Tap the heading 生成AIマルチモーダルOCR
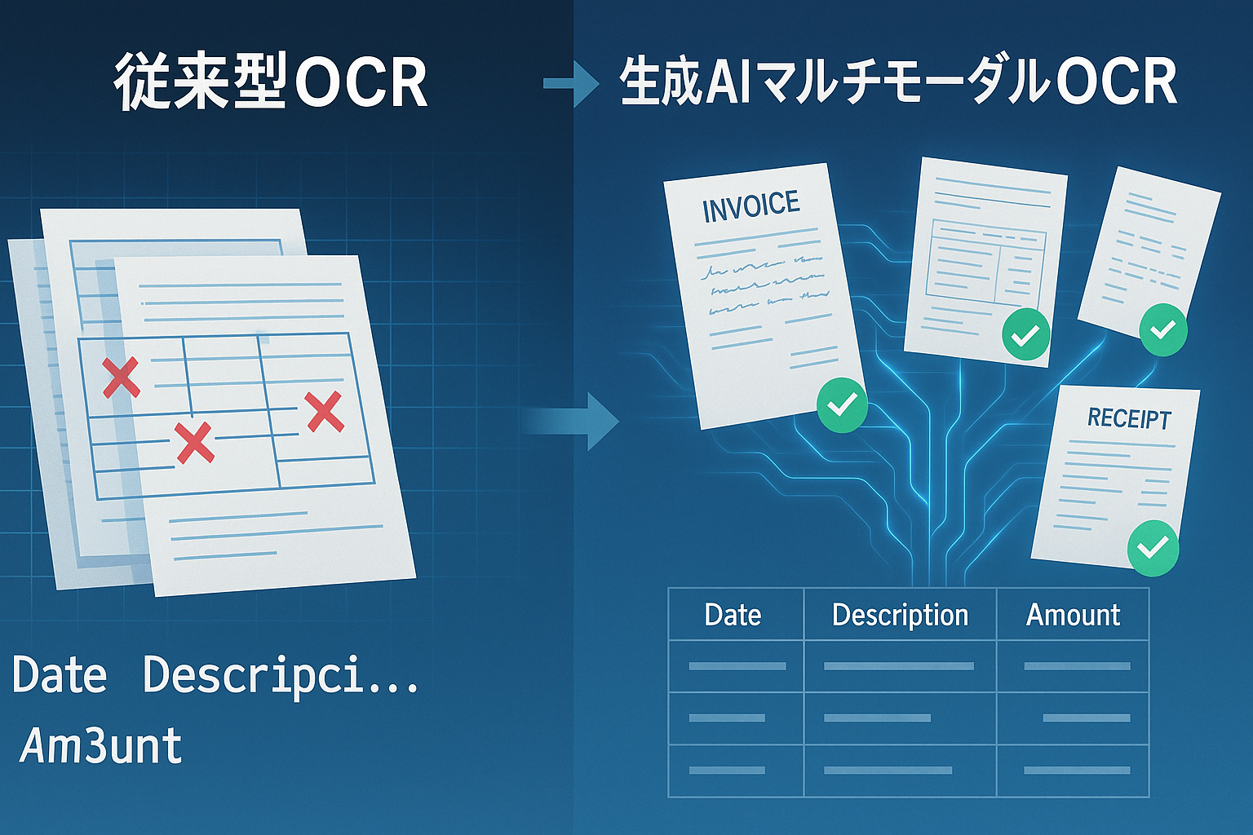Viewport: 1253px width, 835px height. tap(897, 82)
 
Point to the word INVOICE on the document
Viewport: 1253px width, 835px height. tap(750, 206)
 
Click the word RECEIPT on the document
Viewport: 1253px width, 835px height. tap(1129, 418)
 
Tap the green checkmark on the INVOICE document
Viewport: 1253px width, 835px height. tap(842, 405)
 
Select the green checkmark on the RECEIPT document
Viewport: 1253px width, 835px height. tap(1153, 547)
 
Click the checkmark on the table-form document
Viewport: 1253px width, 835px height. tap(1025, 334)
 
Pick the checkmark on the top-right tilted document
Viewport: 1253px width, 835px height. tap(1162, 329)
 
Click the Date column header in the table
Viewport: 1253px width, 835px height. tap(733, 615)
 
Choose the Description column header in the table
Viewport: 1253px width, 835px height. tap(900, 615)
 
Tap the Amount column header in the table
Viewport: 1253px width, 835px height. tap(1073, 615)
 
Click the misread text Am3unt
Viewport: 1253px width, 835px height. tap(101, 745)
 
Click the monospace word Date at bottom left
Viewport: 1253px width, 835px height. tap(60, 676)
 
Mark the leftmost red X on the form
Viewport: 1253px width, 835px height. tap(122, 378)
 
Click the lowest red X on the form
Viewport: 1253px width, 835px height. tap(194, 444)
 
